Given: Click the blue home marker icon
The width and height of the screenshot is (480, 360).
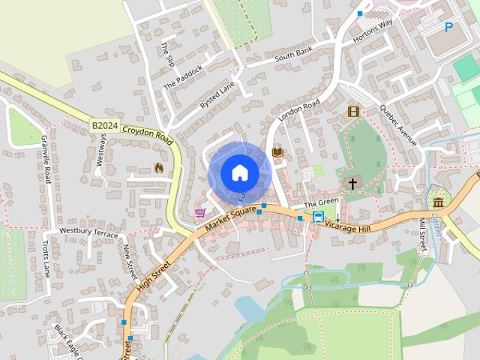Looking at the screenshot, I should point(239,172).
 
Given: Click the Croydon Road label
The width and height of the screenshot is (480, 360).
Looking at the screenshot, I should point(148,135).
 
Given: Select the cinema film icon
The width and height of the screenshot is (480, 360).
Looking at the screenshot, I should point(353,112).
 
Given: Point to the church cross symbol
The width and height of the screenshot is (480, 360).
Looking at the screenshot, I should point(352,183).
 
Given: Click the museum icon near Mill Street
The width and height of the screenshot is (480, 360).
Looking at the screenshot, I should point(437,202).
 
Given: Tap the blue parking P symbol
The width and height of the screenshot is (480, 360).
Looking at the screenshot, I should point(449,27).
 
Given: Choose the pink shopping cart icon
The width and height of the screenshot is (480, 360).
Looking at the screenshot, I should point(200,213).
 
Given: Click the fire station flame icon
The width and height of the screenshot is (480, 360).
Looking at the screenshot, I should point(157,168).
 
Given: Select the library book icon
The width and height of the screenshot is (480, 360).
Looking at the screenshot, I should point(277,152).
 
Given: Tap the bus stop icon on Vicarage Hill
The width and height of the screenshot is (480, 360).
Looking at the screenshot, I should point(318,217).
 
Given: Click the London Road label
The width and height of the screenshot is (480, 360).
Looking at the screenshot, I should point(298,110).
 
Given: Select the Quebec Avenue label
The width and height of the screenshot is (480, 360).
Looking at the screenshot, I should point(397,123).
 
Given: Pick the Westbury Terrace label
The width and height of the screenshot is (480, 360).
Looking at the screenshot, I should point(88,232).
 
